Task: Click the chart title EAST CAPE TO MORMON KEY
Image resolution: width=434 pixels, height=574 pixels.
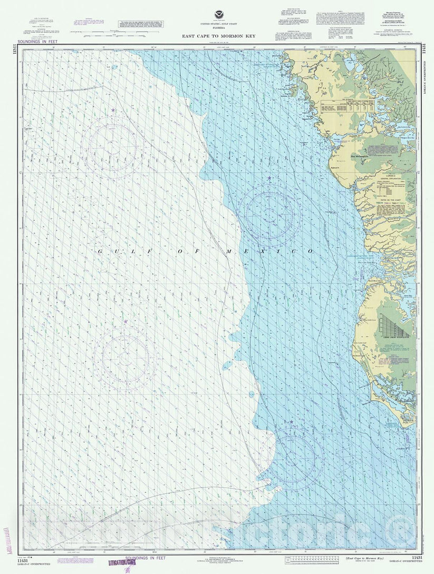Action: click(x=217, y=36)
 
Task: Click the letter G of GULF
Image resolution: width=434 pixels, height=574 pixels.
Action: click(x=100, y=252)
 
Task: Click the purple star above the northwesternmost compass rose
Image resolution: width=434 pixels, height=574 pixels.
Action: click(x=113, y=110)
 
